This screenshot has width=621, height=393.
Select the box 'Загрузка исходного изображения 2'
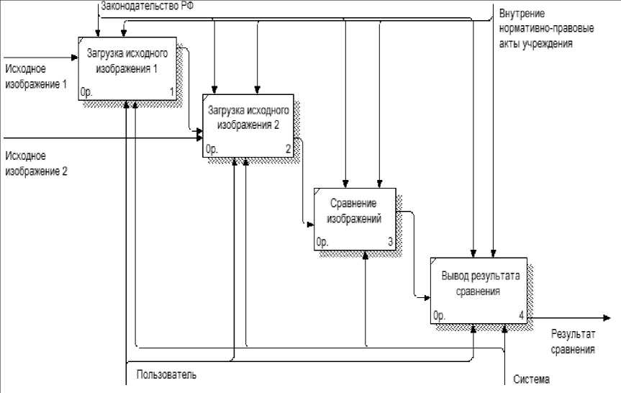[248, 125]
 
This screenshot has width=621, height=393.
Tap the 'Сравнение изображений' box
[355, 218]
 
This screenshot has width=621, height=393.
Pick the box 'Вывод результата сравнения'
[480, 289]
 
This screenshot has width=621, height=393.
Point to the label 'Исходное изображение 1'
[36, 76]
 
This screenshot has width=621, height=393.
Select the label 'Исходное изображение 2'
[36, 163]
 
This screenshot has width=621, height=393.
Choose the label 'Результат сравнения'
[573, 342]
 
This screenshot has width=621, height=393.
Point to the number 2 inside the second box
[288, 149]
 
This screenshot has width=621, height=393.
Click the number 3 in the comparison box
[390, 243]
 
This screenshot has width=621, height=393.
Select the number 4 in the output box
[521, 315]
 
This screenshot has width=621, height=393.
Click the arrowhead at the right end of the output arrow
[608, 318]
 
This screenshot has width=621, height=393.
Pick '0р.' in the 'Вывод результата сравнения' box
[440, 315]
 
